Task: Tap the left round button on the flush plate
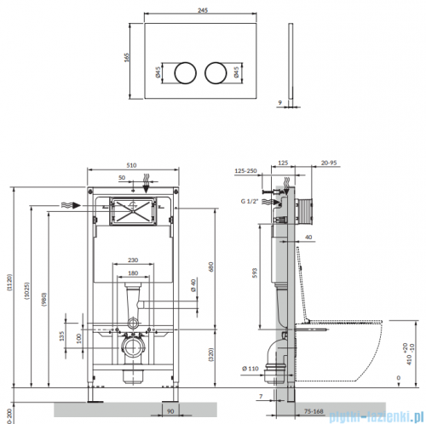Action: pos(183,72)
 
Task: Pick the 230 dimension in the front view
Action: pos(132,261)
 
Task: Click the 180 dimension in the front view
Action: pos(131,272)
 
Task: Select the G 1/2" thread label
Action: pos(251,203)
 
